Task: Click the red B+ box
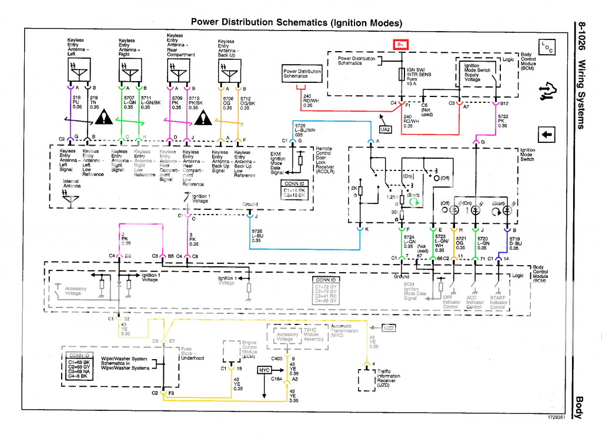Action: click(x=400, y=44)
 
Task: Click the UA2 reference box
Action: click(x=386, y=129)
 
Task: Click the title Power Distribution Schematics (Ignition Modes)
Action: click(x=297, y=23)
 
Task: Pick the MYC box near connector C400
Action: click(x=264, y=370)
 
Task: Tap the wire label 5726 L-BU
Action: click(x=256, y=236)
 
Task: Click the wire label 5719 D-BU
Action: click(x=515, y=243)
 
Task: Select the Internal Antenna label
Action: click(x=71, y=183)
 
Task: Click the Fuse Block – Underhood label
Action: click(x=192, y=353)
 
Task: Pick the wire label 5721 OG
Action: click(x=460, y=243)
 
